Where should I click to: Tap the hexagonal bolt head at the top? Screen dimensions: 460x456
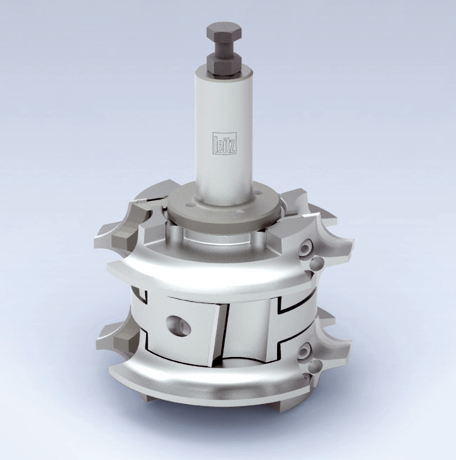click(x=224, y=32)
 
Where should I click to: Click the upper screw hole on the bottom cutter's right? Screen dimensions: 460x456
click(x=303, y=350)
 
